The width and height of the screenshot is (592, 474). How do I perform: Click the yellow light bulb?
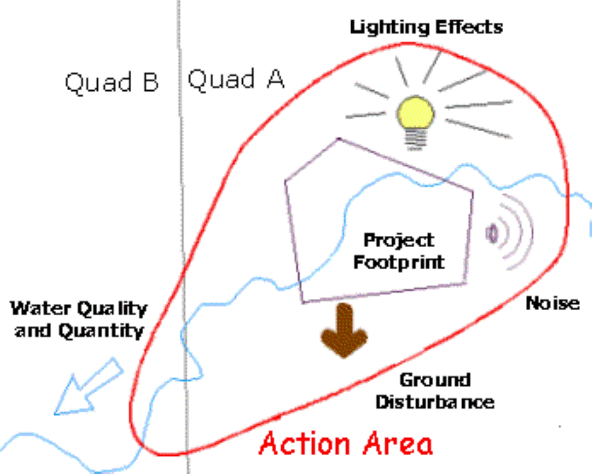(x=416, y=115)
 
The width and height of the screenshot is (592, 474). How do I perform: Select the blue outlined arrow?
(x=86, y=388)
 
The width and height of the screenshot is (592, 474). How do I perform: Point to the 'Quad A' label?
(x=236, y=79)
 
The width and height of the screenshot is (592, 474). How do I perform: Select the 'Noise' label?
(x=552, y=303)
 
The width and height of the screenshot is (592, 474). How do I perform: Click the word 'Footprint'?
(x=399, y=262)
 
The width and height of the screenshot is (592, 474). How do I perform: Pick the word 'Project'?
(x=399, y=241)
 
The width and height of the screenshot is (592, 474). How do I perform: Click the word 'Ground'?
(x=435, y=380)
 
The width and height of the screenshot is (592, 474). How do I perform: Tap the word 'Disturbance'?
(x=435, y=401)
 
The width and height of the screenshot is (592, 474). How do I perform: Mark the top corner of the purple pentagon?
(x=338, y=139)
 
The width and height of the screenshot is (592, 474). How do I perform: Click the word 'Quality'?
(x=111, y=310)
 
